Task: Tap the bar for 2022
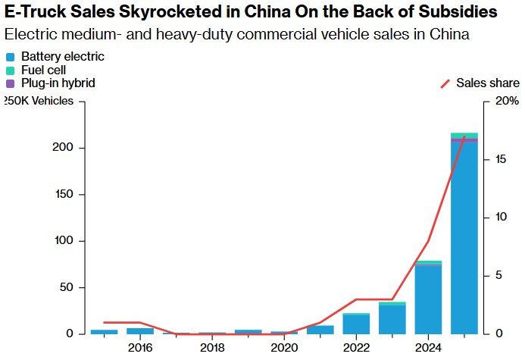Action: [356, 324]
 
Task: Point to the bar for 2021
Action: [320, 330]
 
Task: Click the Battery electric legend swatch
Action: [10, 58]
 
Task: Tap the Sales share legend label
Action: [487, 83]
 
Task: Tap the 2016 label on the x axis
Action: [140, 348]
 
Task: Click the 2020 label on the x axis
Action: [284, 348]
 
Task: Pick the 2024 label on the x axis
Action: [428, 348]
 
